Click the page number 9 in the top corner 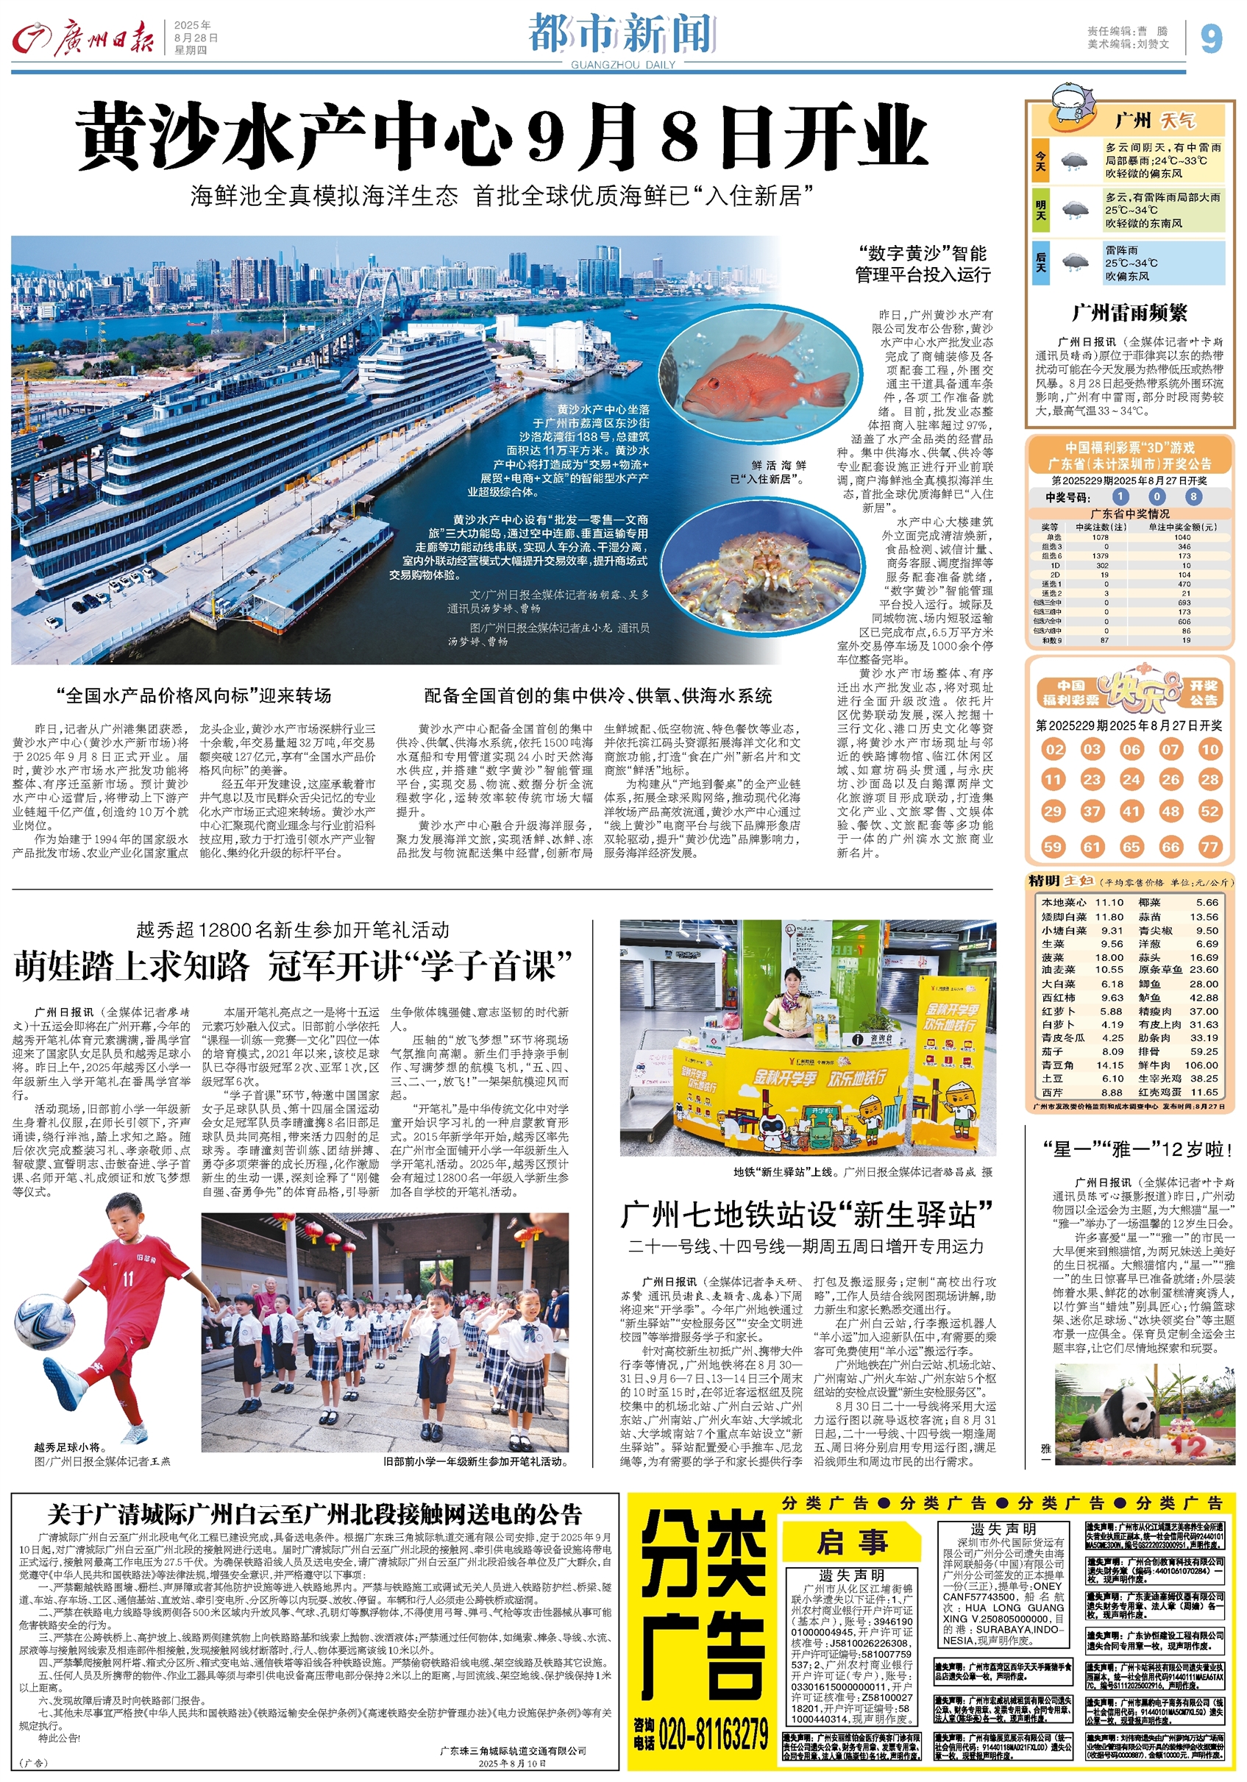[x=1211, y=38]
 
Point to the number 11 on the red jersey [x=127, y=1278]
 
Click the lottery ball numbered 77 [x=1209, y=847]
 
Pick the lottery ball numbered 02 [x=1053, y=749]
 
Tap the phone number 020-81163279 [x=712, y=1730]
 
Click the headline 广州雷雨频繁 [x=1129, y=313]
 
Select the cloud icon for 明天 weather [x=1074, y=210]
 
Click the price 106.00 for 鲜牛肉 [x=1201, y=1065]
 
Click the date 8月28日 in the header [x=196, y=38]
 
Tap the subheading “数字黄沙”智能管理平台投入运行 [x=923, y=264]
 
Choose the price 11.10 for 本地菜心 [x=1109, y=903]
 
